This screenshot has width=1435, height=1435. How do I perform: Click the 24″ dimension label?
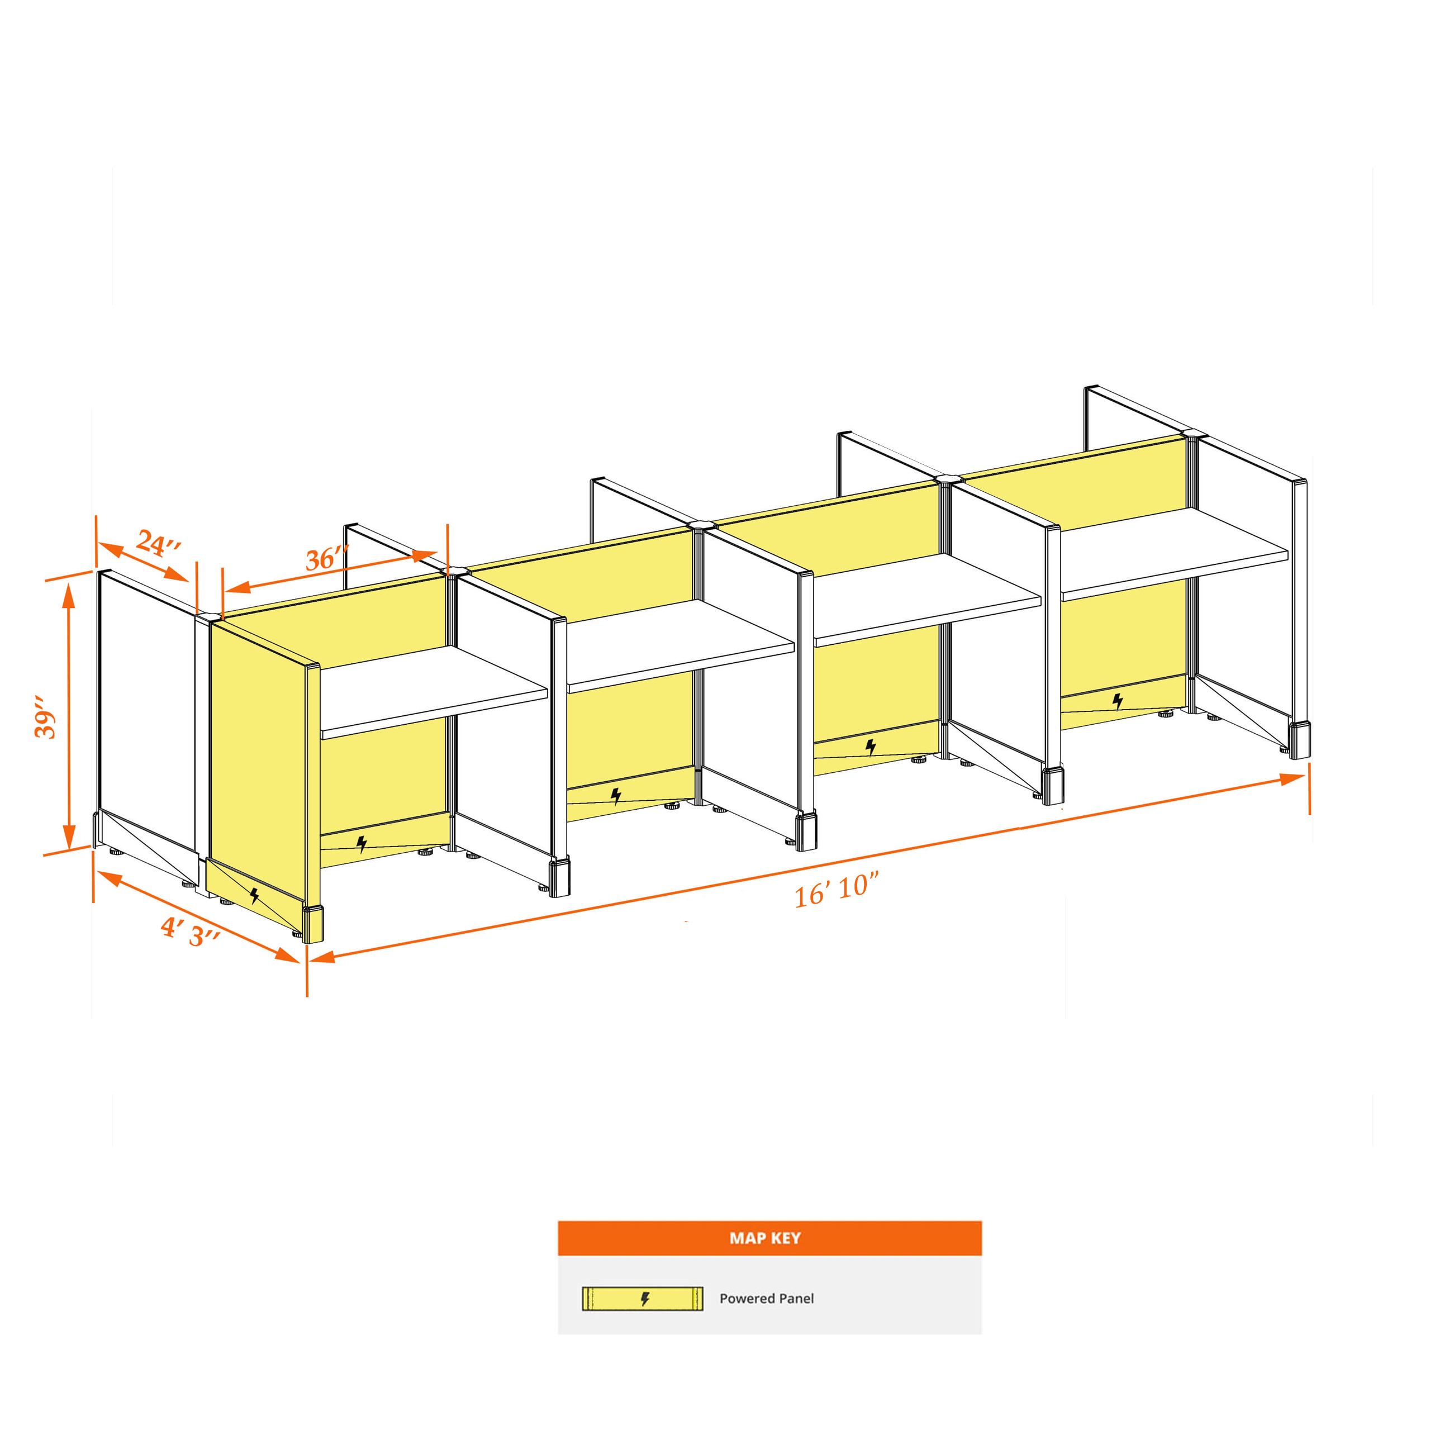pyautogui.click(x=159, y=543)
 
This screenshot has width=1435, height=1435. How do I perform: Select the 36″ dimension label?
pyautogui.click(x=327, y=557)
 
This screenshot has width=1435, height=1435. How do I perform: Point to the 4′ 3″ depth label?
pyautogui.click(x=190, y=932)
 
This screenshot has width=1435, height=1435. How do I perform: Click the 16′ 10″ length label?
pyautogui.click(x=837, y=890)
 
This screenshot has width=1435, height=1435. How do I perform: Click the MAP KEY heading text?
pyautogui.click(x=765, y=1237)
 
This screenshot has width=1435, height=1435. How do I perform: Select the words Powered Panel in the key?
pyautogui.click(x=767, y=1298)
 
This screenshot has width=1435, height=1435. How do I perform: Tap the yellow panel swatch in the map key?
pyautogui.click(x=643, y=1298)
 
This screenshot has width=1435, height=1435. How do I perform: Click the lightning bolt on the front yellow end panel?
pyautogui.click(x=255, y=895)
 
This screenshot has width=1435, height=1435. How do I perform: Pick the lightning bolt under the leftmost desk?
pyautogui.click(x=362, y=844)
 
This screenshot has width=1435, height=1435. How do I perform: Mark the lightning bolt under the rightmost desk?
pyautogui.click(x=1117, y=700)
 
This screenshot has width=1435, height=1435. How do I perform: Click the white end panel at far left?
pyautogui.click(x=147, y=711)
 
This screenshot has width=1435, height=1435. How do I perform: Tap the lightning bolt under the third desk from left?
pyautogui.click(x=871, y=747)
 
